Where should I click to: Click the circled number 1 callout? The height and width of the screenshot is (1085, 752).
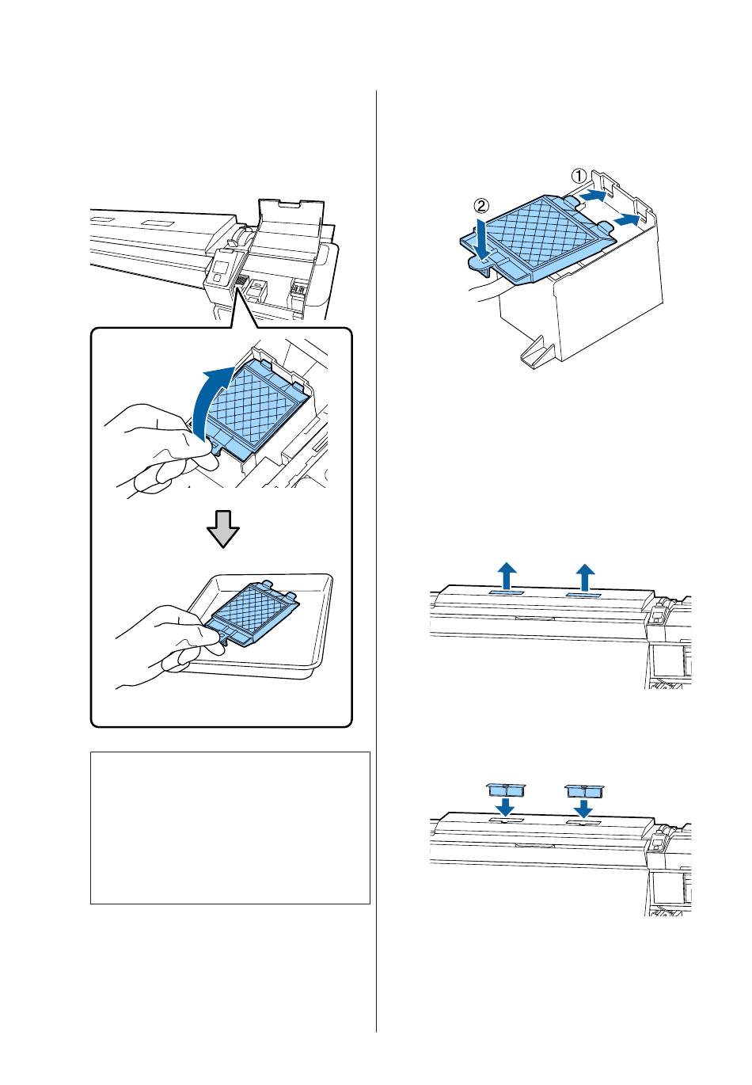point(579,175)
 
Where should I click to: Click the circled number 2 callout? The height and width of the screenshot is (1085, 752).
point(480,206)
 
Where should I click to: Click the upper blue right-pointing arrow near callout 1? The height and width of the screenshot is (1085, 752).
point(592,196)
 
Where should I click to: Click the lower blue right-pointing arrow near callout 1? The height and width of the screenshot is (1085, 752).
point(626,221)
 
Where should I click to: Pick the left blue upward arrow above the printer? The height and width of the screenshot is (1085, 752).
point(507,576)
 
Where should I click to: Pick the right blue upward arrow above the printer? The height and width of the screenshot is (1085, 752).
point(586,577)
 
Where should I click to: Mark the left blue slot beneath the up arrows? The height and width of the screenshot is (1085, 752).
point(504,593)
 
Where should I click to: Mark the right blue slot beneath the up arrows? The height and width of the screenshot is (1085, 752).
point(583,594)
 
